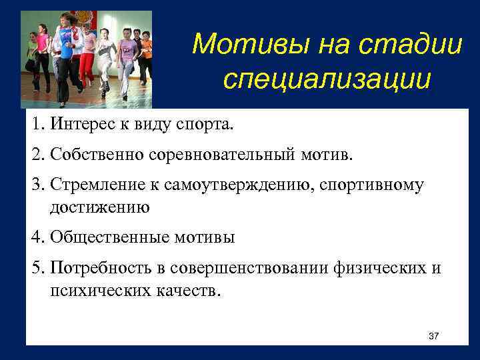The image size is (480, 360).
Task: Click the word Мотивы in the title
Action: [234, 45]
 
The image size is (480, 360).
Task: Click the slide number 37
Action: [433, 335]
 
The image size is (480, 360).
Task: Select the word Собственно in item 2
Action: [95, 155]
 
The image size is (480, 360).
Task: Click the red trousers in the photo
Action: [86, 67]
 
